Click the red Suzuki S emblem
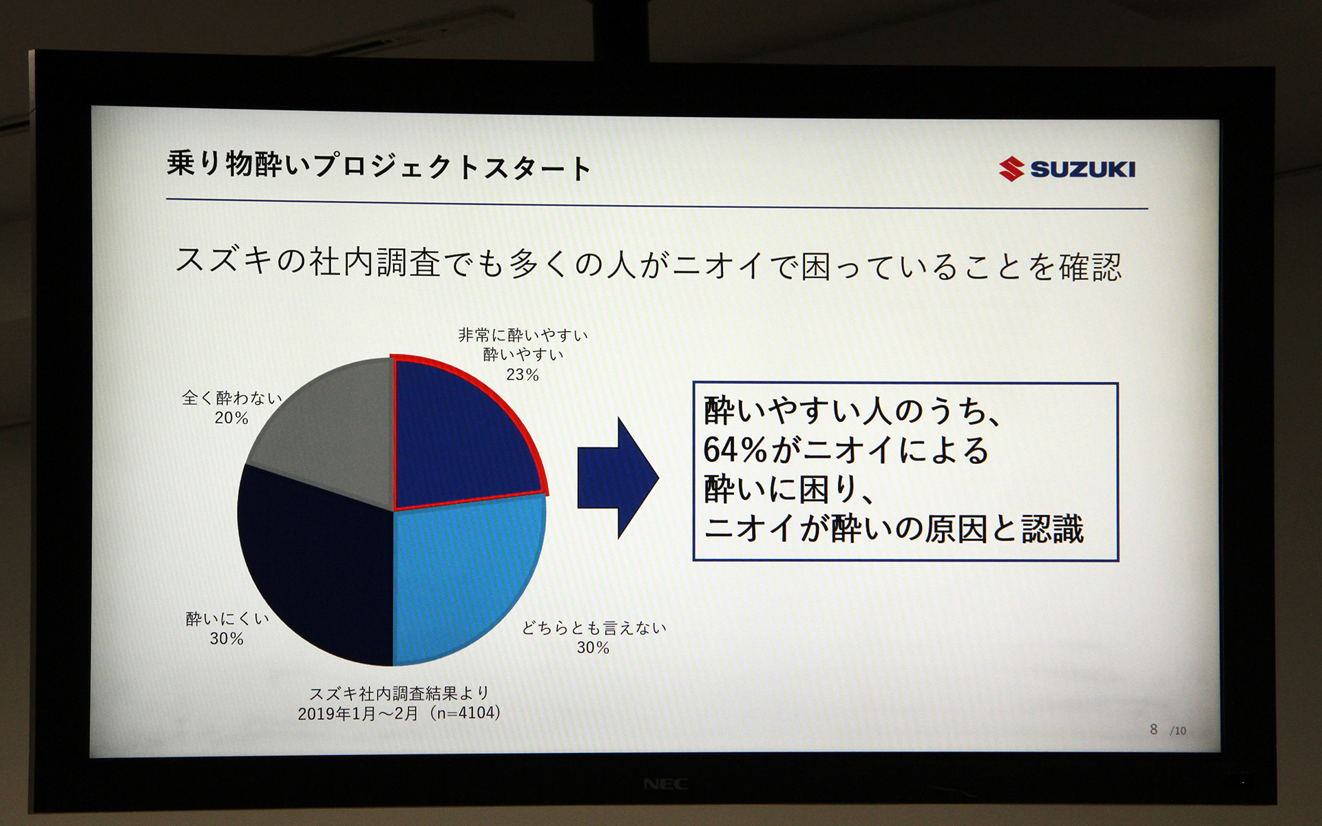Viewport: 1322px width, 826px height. [1011, 169]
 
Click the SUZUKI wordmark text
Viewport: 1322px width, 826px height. [1082, 169]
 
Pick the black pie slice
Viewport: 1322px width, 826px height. [317, 564]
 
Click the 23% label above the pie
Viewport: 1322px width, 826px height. [523, 375]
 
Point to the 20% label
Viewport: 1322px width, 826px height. [231, 418]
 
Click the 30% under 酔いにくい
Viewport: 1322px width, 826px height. [227, 639]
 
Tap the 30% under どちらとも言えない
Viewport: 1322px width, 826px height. [593, 648]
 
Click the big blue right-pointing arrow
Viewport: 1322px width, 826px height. [616, 478]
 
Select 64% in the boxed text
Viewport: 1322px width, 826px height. [735, 450]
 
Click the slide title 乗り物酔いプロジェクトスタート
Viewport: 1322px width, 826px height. [379, 166]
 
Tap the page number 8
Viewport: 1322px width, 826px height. [1153, 730]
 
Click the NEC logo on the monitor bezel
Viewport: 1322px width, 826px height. [665, 784]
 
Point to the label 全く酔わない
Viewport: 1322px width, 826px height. [232, 398]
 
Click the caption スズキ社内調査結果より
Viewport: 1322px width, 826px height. [399, 693]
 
